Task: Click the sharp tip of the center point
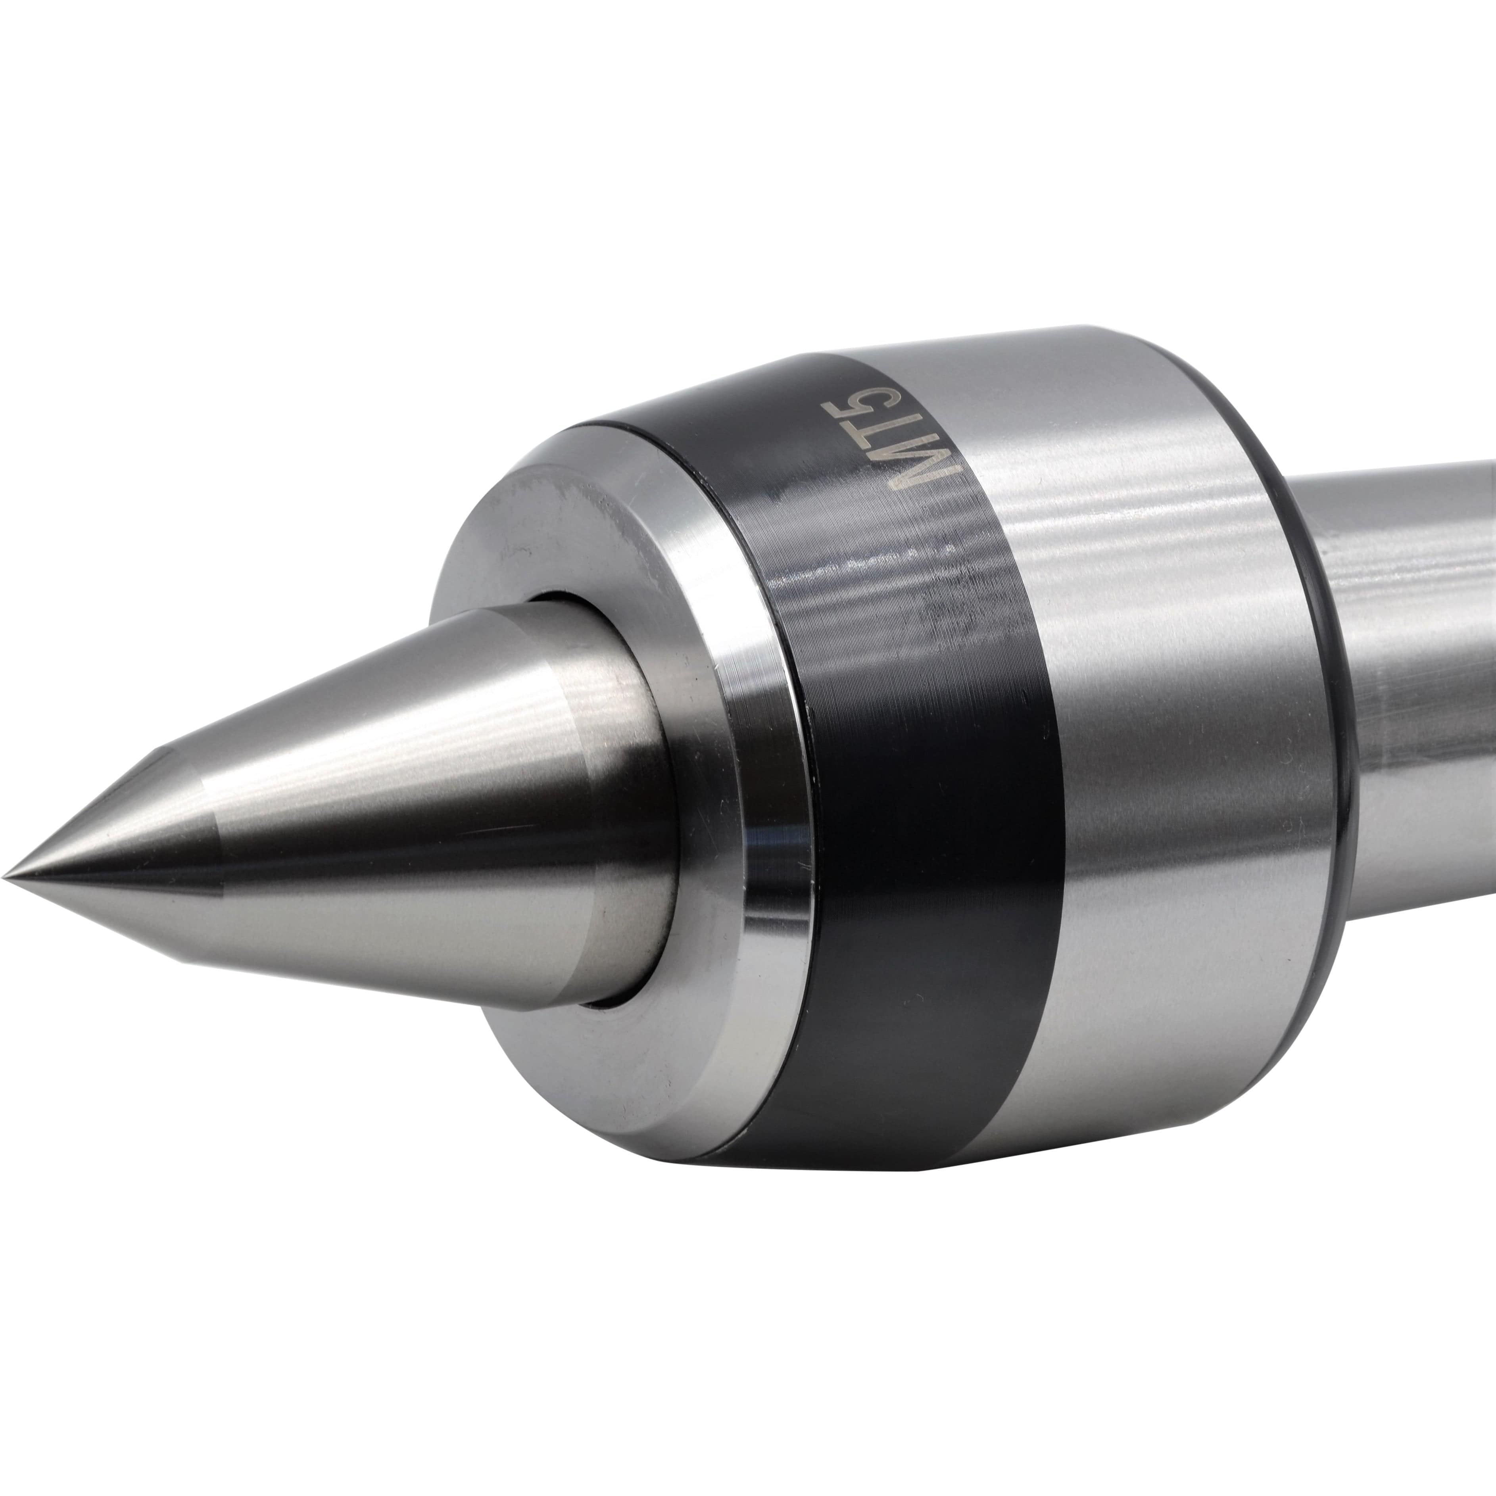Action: pyautogui.click(x=6, y=877)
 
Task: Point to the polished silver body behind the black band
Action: pyautogui.click(x=1200, y=852)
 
